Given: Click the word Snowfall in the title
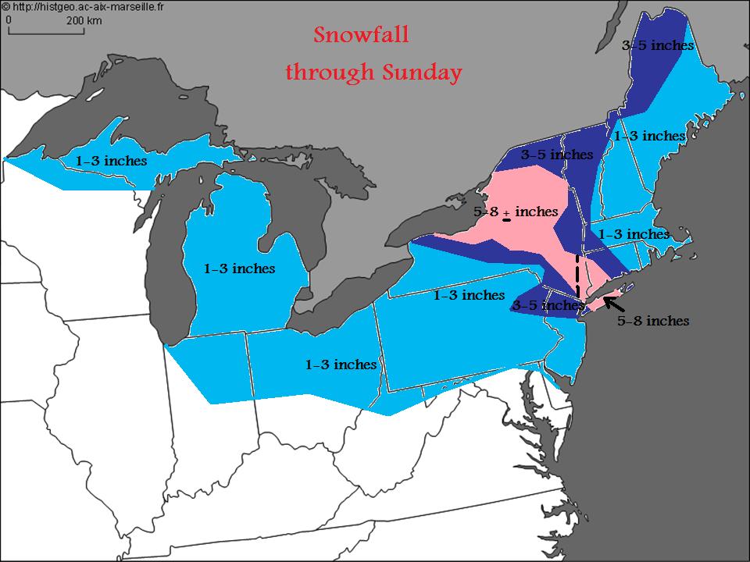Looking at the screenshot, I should click(361, 36).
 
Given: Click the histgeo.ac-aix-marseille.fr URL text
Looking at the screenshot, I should click(91, 7).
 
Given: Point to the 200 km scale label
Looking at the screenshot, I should click(84, 21).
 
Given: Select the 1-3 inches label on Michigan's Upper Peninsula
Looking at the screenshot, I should click(111, 161).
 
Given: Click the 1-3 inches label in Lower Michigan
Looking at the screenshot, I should click(239, 269).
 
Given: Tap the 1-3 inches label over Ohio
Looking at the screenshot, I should click(341, 365).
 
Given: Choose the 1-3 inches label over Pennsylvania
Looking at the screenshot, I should click(469, 296).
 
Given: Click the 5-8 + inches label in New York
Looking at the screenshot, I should click(516, 212).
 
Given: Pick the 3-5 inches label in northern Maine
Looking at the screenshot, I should click(657, 45).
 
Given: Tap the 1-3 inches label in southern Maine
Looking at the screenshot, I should click(649, 137).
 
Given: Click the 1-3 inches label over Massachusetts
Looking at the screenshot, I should click(633, 234).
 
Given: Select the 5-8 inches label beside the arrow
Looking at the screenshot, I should click(653, 321).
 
